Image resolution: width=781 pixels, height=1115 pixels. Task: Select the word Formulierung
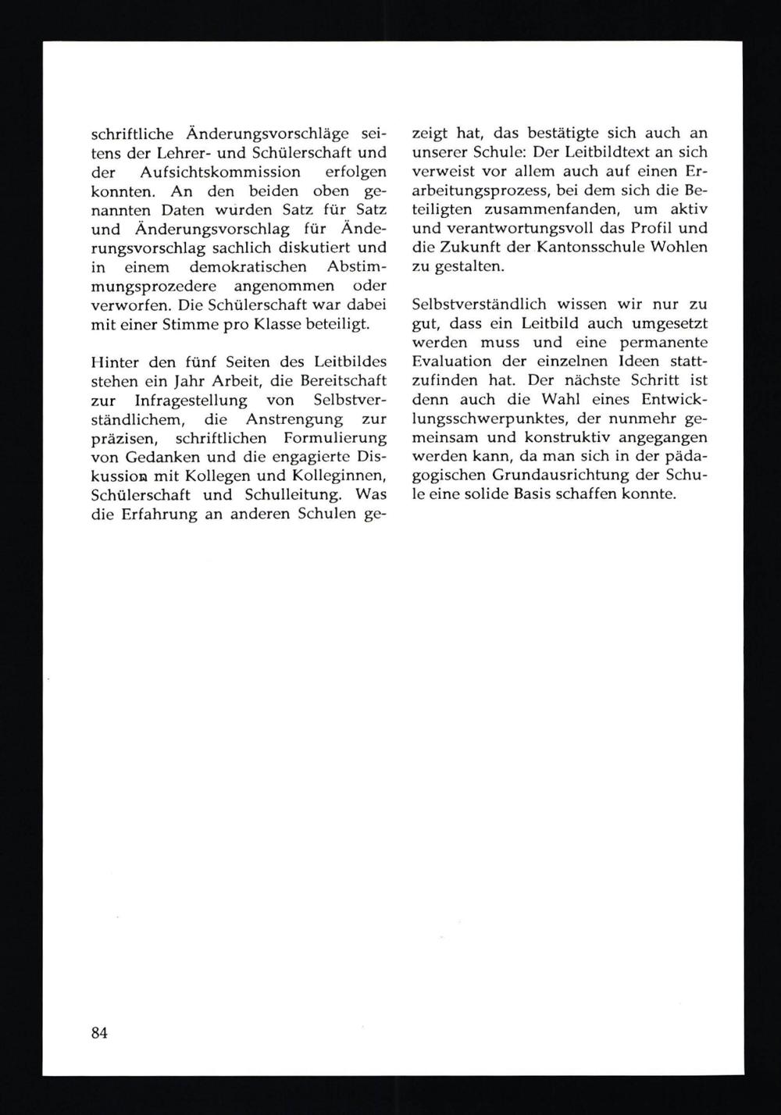coord(333,439)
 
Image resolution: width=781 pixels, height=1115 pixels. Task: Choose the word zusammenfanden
coord(551,210)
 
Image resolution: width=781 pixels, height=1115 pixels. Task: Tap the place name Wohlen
coord(679,248)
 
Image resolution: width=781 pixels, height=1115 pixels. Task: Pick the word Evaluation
coord(451,362)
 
